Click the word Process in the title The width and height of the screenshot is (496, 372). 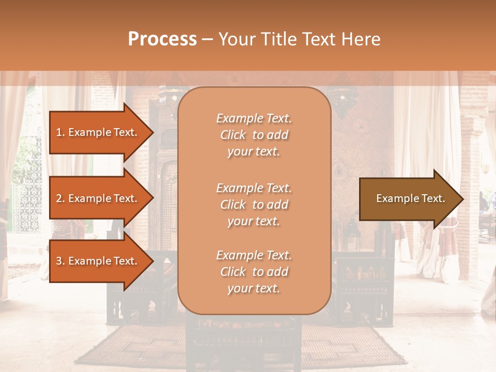[162, 39]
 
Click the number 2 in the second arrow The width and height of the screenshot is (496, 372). [59, 198]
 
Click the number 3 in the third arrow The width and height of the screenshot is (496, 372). [59, 261]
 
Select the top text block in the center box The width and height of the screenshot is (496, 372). [254, 135]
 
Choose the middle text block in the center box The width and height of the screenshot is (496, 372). [254, 205]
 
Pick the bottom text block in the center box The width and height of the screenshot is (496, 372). [254, 272]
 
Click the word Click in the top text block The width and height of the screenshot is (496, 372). [233, 135]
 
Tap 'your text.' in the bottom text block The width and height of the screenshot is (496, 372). [254, 289]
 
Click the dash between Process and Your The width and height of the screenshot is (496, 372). [207, 40]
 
